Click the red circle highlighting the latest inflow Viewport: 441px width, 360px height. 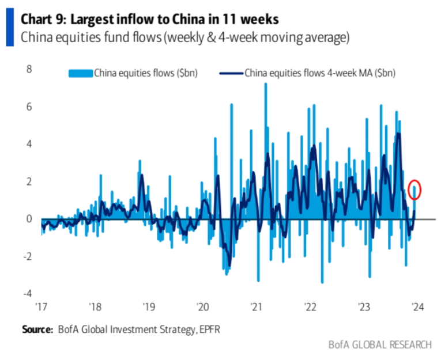pyautogui.click(x=414, y=190)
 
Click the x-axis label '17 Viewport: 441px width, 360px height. pyautogui.click(x=41, y=306)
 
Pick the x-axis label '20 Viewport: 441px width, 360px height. pyautogui.click(x=202, y=306)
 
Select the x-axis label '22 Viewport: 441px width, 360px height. pyautogui.click(x=310, y=306)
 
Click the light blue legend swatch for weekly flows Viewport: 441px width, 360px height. pyautogui.click(x=80, y=73)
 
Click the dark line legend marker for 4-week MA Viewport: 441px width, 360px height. pyautogui.click(x=231, y=73)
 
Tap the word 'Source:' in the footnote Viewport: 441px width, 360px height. pyautogui.click(x=37, y=329)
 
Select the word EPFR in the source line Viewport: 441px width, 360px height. pyautogui.click(x=209, y=329)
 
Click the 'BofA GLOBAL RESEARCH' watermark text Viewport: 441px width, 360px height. pyautogui.click(x=379, y=345)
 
